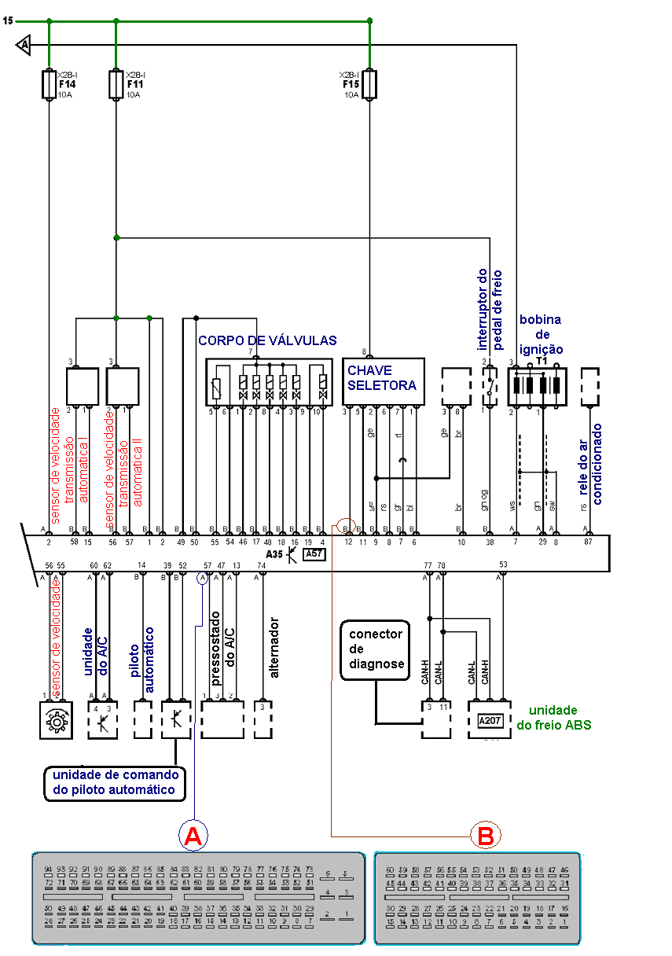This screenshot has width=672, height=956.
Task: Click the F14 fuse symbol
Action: pyautogui.click(x=49, y=84)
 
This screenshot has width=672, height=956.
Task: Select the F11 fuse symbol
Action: pyautogui.click(x=116, y=84)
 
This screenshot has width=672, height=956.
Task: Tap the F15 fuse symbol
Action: pyautogui.click(x=369, y=84)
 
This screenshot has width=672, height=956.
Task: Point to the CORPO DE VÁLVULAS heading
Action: pyautogui.click(x=267, y=340)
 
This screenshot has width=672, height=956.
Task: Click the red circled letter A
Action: pyautogui.click(x=193, y=836)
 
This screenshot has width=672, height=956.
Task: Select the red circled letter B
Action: pyautogui.click(x=486, y=835)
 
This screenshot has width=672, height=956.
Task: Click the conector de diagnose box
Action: pyautogui.click(x=376, y=649)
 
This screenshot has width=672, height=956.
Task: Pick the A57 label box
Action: pyautogui.click(x=314, y=553)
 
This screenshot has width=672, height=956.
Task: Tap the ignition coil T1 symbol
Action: pyautogui.click(x=538, y=387)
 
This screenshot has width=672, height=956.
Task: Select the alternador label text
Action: pyautogui.click(x=274, y=646)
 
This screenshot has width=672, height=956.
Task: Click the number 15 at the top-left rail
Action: pyautogui.click(x=7, y=20)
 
